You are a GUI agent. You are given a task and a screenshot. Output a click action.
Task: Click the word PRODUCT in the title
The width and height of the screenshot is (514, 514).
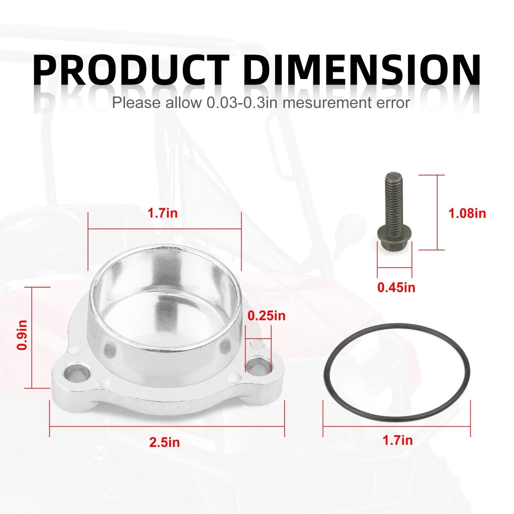131,69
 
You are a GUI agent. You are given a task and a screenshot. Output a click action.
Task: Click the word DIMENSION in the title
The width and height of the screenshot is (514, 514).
362,69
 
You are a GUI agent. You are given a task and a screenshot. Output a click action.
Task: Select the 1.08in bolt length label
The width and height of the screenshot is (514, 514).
467,214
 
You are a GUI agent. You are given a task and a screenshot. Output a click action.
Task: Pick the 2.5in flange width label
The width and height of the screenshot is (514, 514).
165,442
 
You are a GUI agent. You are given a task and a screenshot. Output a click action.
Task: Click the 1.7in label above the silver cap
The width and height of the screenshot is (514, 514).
163,213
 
